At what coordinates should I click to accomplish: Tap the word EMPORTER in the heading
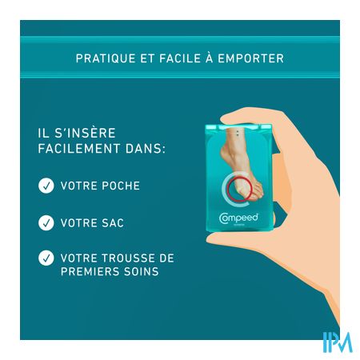coord(251,58)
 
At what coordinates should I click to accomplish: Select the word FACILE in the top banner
coord(180,58)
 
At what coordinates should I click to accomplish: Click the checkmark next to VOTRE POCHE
coord(46,186)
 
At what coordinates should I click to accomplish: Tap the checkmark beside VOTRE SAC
coord(46,222)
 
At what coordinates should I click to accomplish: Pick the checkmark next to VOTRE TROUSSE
coord(46,258)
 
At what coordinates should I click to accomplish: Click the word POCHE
coord(121,186)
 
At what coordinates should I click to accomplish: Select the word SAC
coord(113,223)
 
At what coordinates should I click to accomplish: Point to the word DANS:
coord(146,149)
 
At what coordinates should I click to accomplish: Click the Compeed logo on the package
coord(239,218)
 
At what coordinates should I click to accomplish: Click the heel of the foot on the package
coord(225,154)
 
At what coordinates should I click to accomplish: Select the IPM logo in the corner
coord(338,342)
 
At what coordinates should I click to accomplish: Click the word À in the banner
coord(210,58)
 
